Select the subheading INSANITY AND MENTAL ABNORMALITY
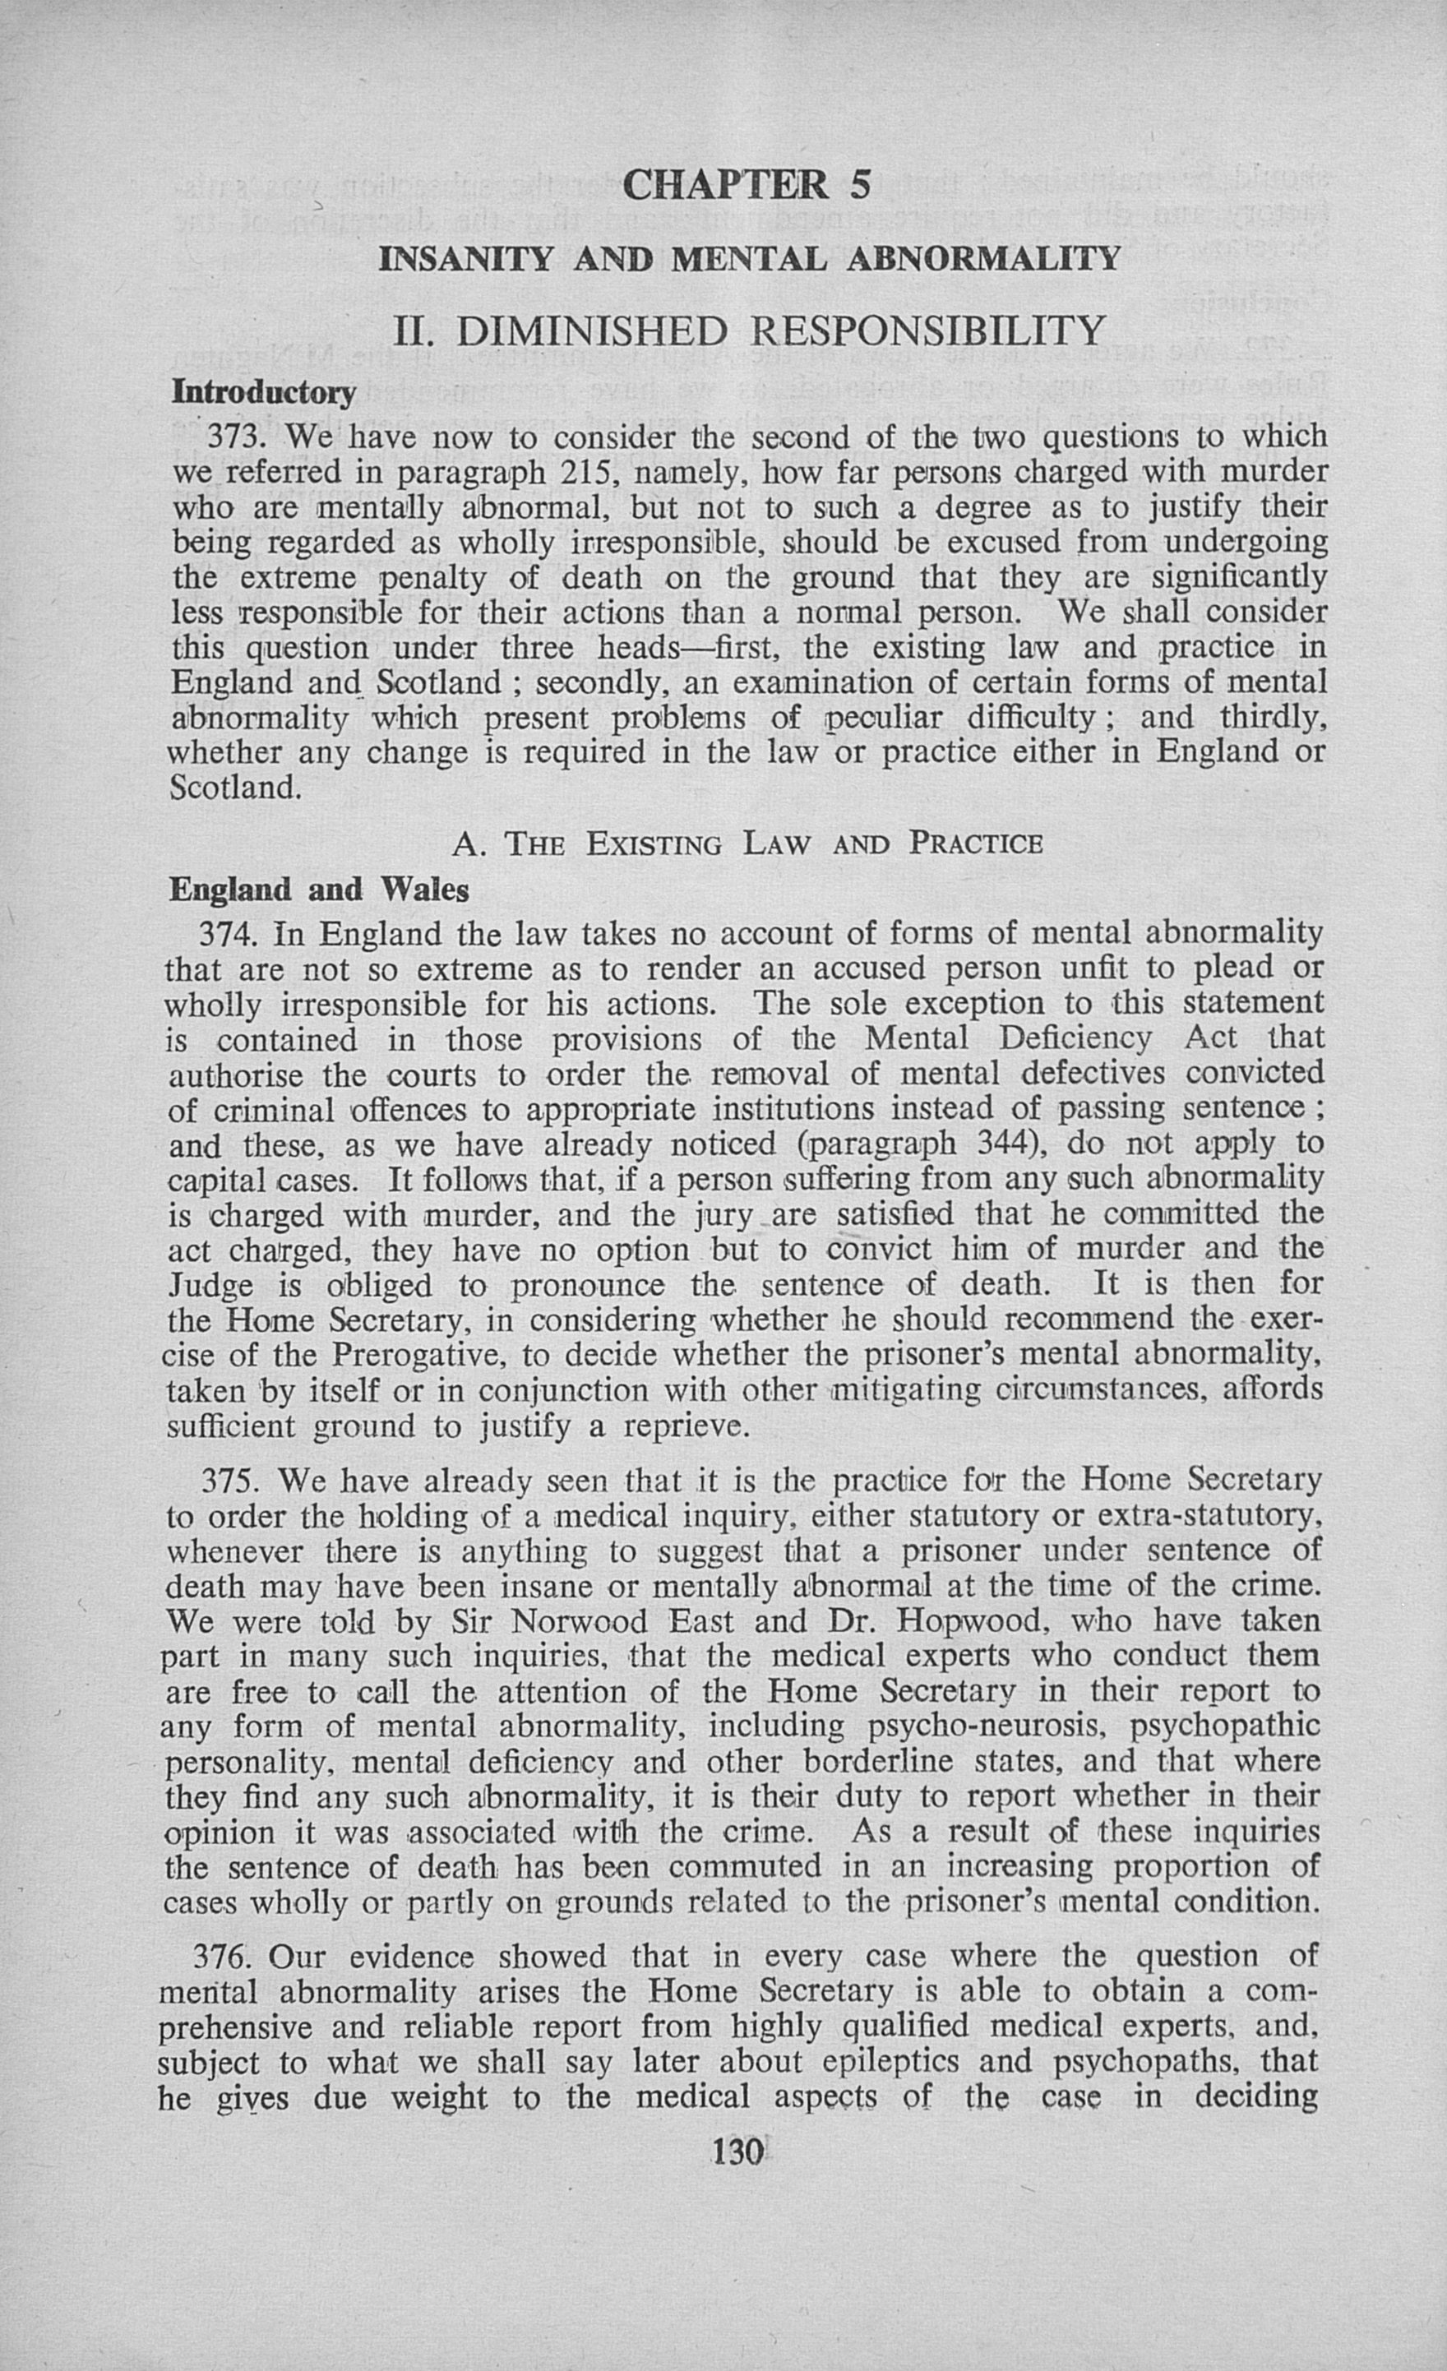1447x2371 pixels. (x=750, y=259)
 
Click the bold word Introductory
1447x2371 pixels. (x=262, y=393)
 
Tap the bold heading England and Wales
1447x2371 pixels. (x=318, y=890)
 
